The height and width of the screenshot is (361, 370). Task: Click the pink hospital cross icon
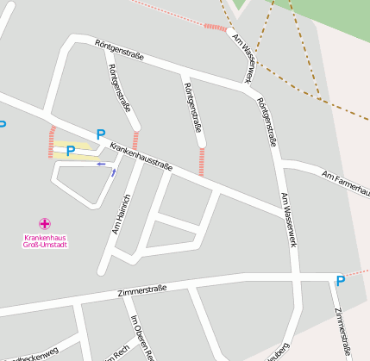[45, 224]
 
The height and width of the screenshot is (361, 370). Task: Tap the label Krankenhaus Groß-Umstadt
[46, 240]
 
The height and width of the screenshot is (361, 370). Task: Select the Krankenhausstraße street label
[141, 154]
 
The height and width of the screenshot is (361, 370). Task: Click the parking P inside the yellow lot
[71, 151]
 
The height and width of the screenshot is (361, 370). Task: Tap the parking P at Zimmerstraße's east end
[340, 280]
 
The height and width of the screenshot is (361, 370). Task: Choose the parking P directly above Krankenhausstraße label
[101, 134]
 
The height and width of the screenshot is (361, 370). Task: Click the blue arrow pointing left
[101, 163]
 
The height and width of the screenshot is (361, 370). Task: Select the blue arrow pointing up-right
[113, 172]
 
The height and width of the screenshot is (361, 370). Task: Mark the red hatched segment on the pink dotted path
[215, 28]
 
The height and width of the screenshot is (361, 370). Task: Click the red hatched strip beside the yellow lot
[51, 142]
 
